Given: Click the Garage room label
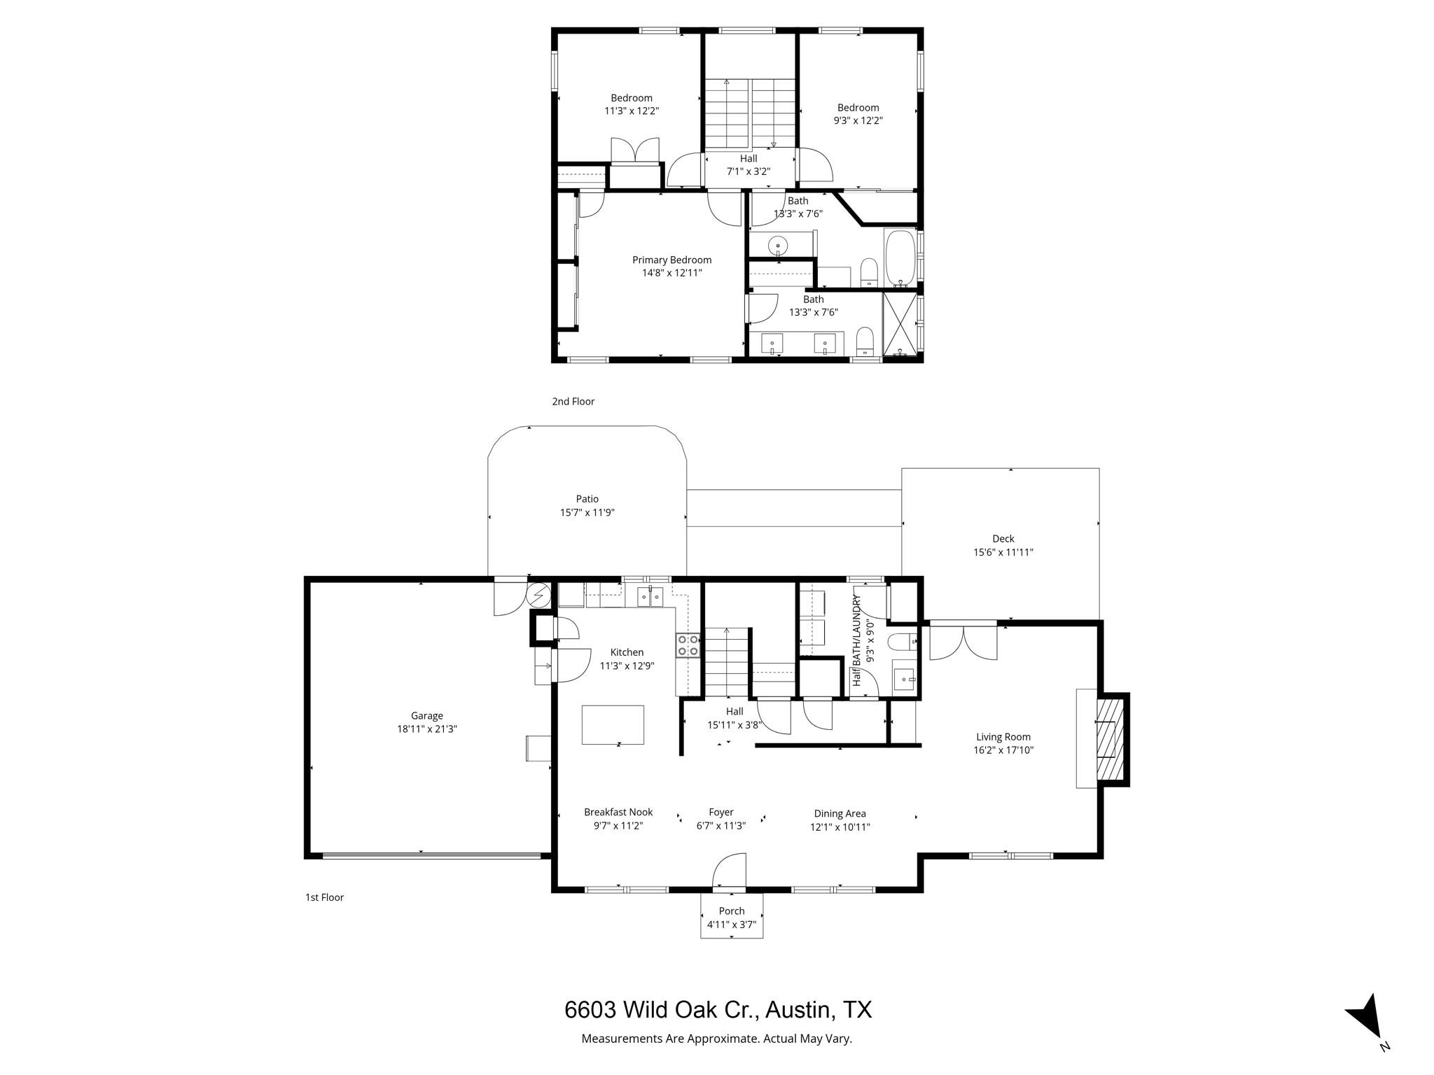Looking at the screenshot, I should [426, 715].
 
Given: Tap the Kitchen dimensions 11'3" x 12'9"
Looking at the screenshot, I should [627, 666].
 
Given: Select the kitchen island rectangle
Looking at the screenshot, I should [613, 724].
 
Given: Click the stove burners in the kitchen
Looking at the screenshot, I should [688, 645].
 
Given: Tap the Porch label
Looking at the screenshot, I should [732, 911].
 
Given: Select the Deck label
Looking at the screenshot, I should [1003, 538].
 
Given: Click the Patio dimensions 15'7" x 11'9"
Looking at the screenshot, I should [587, 512].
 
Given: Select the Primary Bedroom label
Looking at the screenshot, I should [671, 260].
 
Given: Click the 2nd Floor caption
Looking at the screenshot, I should [573, 401].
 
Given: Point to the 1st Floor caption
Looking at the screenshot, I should [324, 897].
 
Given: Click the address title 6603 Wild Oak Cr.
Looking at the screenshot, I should [718, 1010].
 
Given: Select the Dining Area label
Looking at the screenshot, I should [840, 813].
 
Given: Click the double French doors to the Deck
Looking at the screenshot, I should [963, 642].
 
